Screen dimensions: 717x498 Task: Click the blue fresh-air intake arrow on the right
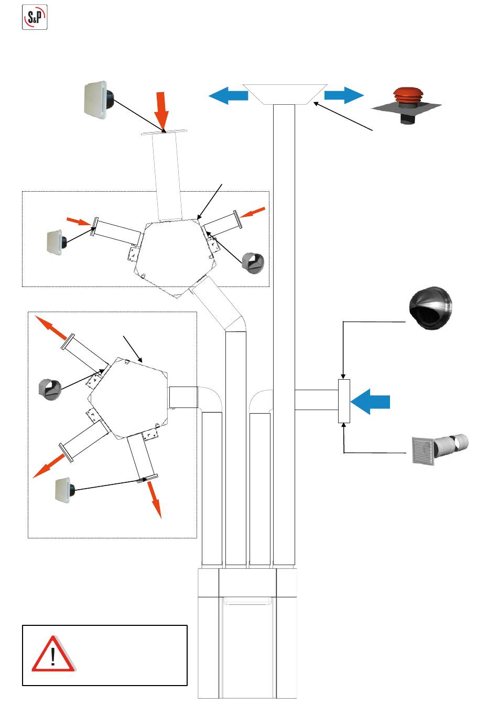(x=371, y=402)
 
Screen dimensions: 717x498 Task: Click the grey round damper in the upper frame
(x=253, y=262)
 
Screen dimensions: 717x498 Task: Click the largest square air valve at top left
(x=100, y=101)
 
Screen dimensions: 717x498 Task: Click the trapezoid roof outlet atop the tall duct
(x=285, y=94)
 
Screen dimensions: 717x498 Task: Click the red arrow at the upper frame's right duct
(x=255, y=213)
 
